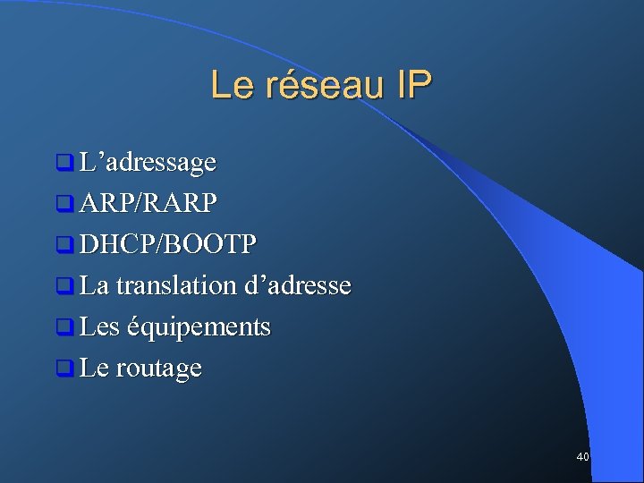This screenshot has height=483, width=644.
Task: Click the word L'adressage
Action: (147, 163)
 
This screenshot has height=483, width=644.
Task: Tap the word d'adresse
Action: (297, 286)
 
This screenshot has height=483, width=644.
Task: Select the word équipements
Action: (199, 327)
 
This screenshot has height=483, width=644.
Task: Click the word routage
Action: (158, 369)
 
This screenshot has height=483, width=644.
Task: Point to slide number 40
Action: (582, 457)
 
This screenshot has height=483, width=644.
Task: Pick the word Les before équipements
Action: (98, 327)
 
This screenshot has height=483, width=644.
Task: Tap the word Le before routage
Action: (93, 369)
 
